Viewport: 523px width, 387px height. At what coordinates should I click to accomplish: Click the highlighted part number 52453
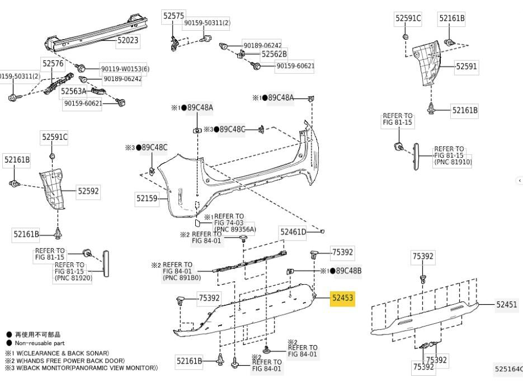(x=342, y=298)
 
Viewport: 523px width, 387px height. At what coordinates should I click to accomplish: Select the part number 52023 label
(x=128, y=40)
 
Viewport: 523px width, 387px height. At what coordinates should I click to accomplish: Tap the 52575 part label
(x=173, y=16)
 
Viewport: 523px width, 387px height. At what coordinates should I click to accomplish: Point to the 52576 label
(x=53, y=63)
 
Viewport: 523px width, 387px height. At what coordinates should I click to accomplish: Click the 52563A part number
(x=73, y=91)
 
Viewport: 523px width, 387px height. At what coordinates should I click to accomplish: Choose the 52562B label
(x=274, y=54)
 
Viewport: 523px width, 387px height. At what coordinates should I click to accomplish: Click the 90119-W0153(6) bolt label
(x=125, y=69)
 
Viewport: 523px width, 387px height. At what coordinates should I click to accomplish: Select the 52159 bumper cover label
(x=147, y=199)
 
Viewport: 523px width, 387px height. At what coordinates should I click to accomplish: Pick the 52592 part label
(x=88, y=191)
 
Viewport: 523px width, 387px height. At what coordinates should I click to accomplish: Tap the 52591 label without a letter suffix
(x=467, y=67)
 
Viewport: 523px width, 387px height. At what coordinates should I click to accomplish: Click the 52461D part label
(x=293, y=232)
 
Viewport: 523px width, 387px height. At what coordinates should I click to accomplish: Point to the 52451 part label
(x=507, y=304)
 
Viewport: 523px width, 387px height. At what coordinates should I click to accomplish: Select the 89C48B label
(x=348, y=271)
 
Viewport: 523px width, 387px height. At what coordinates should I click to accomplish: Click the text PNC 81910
(x=453, y=162)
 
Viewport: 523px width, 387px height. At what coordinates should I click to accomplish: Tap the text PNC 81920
(x=73, y=278)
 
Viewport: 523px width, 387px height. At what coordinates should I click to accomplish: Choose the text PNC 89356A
(x=235, y=229)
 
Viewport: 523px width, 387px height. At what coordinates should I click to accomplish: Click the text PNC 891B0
(x=182, y=277)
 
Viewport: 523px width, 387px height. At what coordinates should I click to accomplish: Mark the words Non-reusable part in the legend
(x=40, y=343)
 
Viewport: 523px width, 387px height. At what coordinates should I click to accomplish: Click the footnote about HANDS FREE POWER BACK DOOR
(x=65, y=361)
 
